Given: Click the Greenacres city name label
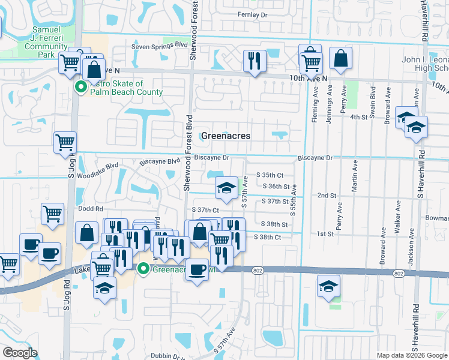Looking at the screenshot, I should [226, 136].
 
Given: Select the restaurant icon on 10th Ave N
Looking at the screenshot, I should [255, 61].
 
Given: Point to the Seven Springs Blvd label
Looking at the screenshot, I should [160, 45].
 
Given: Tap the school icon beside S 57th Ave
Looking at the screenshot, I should [226, 188].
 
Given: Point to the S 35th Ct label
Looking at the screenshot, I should [269, 175].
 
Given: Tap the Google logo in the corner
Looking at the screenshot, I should [20, 353].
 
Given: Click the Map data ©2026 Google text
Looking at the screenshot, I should [412, 355].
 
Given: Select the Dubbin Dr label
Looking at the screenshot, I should [167, 356].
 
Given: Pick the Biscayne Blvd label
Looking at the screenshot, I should [160, 161].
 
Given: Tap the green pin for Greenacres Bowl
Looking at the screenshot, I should [143, 268].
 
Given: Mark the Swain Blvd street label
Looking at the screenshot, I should [373, 101].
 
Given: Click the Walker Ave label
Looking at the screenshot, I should [397, 214].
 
